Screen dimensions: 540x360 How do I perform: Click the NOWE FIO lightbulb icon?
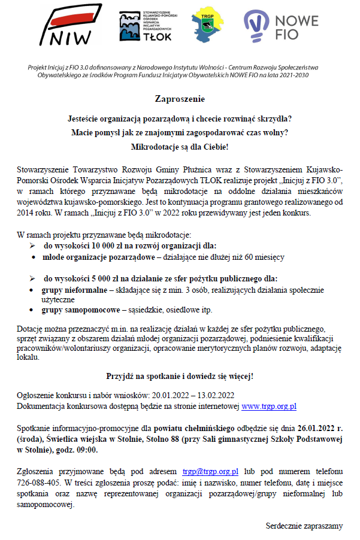click(x=258, y=28)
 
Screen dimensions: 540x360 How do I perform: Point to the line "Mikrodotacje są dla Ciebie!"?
click(x=180, y=146)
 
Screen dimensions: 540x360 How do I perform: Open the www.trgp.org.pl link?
click(x=269, y=406)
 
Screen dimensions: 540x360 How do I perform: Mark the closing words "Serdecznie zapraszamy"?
click(x=304, y=526)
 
